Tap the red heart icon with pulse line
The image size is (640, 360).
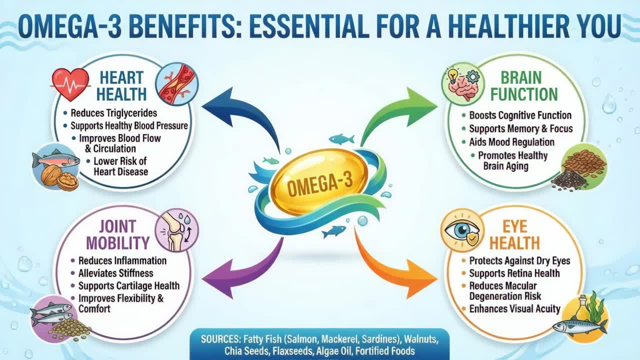tap(70, 83)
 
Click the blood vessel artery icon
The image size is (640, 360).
tap(176, 84)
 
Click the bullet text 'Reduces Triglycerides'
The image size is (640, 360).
tap(113, 113)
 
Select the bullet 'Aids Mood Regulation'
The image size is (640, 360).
tap(511, 142)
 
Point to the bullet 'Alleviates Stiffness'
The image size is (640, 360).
tap(115, 273)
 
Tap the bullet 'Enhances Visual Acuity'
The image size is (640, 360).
tap(514, 308)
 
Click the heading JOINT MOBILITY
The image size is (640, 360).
tap(117, 235)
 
